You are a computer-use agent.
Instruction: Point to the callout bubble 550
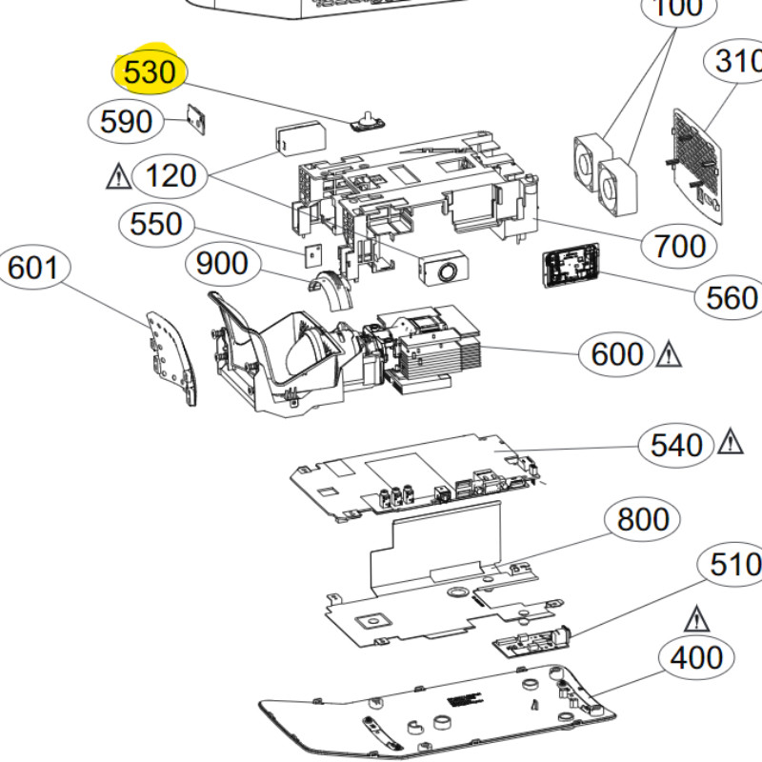click(x=156, y=224)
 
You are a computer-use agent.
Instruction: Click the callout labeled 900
click(x=222, y=263)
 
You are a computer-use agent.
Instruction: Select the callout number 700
click(x=680, y=247)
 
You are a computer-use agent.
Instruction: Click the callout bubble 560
click(x=731, y=298)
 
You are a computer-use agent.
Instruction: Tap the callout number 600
click(x=617, y=354)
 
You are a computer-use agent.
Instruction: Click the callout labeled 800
click(x=643, y=519)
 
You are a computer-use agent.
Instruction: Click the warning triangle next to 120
click(x=119, y=176)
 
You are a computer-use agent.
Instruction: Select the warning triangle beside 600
click(x=669, y=355)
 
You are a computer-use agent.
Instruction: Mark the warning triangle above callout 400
click(x=697, y=620)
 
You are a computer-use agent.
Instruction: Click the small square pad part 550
click(x=310, y=254)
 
